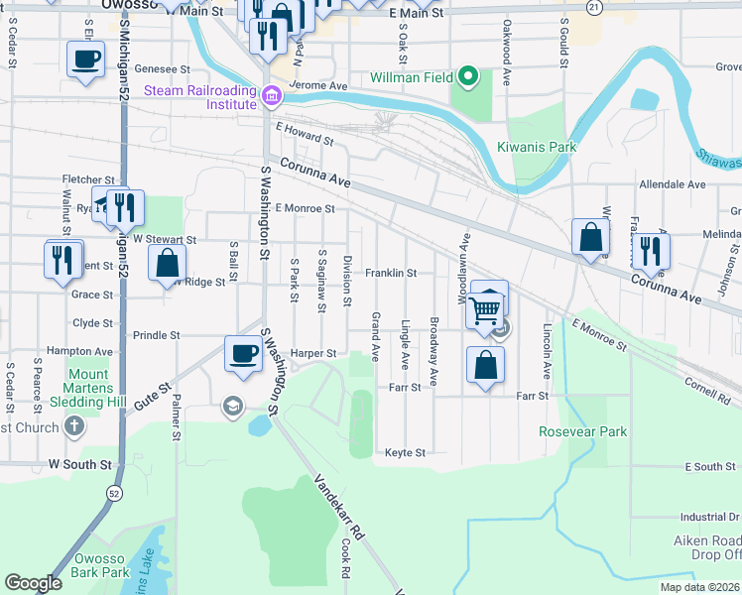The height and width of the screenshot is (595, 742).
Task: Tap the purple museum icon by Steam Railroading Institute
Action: click(x=272, y=97)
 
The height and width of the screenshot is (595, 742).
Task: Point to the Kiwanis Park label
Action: click(x=537, y=147)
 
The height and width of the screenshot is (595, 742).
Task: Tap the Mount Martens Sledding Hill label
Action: click(x=88, y=389)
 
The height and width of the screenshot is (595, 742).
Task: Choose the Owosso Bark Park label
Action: click(x=101, y=565)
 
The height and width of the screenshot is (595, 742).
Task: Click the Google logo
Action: click(x=33, y=583)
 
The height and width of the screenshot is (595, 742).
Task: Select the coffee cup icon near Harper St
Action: click(x=243, y=353)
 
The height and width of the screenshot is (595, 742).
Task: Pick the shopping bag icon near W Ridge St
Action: click(x=167, y=263)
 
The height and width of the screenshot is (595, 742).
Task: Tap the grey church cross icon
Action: click(x=74, y=426)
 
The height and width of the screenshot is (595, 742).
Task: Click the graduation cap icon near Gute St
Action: click(x=232, y=407)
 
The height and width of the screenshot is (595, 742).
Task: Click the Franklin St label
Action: click(x=390, y=273)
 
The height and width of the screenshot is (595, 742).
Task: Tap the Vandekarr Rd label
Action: click(x=337, y=506)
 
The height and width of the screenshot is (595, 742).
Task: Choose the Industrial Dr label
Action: click(x=710, y=517)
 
